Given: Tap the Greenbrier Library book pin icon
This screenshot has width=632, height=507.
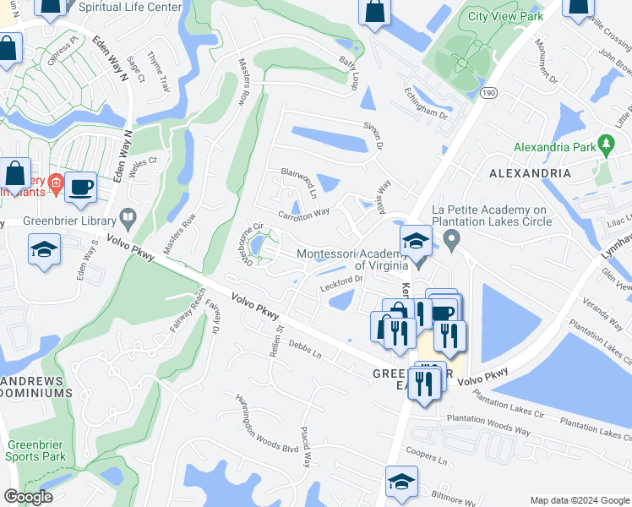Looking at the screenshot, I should coord(128,217).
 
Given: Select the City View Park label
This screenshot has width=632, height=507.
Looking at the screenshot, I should coord(506,16).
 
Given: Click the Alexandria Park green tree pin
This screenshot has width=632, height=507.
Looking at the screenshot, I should coord(605,145).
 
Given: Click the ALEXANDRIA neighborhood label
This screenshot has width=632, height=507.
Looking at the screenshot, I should coord(530,173).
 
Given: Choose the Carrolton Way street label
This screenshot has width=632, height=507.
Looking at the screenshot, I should coord(304,214).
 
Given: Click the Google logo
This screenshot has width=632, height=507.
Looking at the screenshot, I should coord(29,497).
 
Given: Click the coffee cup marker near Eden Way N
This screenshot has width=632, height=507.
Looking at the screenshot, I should coord(81,188).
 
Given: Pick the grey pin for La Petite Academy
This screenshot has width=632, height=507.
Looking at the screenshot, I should coord(452,243).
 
